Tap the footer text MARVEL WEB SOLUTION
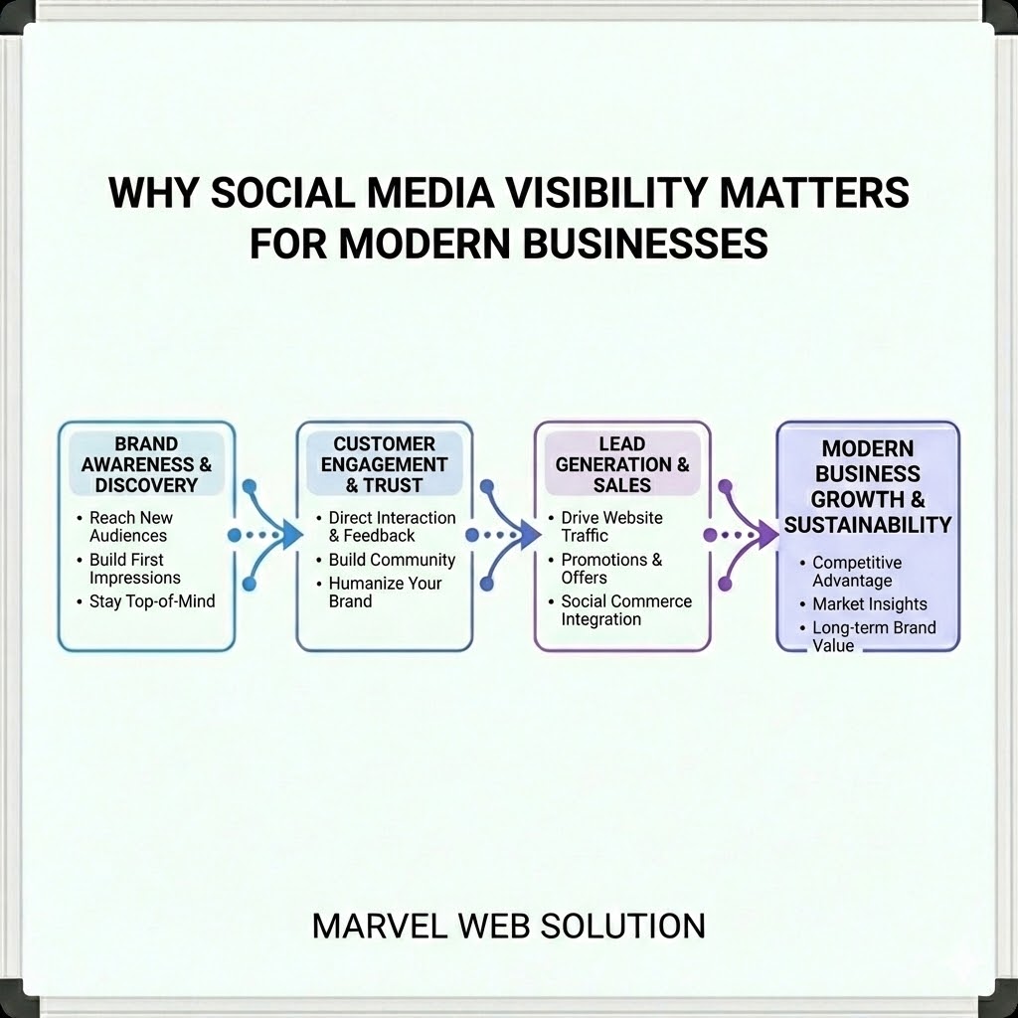(x=508, y=925)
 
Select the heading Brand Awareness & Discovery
(x=146, y=464)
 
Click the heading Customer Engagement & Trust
(x=384, y=464)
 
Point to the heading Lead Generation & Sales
(x=622, y=464)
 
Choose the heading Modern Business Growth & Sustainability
(x=867, y=487)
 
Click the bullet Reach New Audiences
(x=130, y=527)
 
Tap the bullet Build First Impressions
(x=134, y=569)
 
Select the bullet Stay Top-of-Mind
(x=151, y=601)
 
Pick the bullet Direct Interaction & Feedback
(x=391, y=527)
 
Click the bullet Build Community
(x=391, y=560)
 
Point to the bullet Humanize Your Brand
(x=385, y=592)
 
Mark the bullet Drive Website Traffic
(x=610, y=527)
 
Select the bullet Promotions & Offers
(x=610, y=569)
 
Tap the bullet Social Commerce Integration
(x=625, y=610)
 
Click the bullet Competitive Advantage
(x=856, y=572)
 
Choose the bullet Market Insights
(x=869, y=603)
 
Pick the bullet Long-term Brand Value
(x=873, y=636)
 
